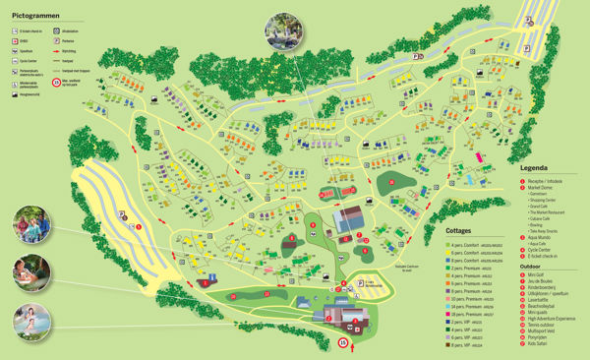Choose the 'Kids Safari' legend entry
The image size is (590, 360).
point(543,351)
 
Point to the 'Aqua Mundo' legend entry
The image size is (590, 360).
point(546,237)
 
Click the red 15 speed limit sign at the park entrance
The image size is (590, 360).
point(343,342)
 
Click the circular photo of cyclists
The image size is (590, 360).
point(33,228)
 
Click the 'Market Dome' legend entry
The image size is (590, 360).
point(546,187)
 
